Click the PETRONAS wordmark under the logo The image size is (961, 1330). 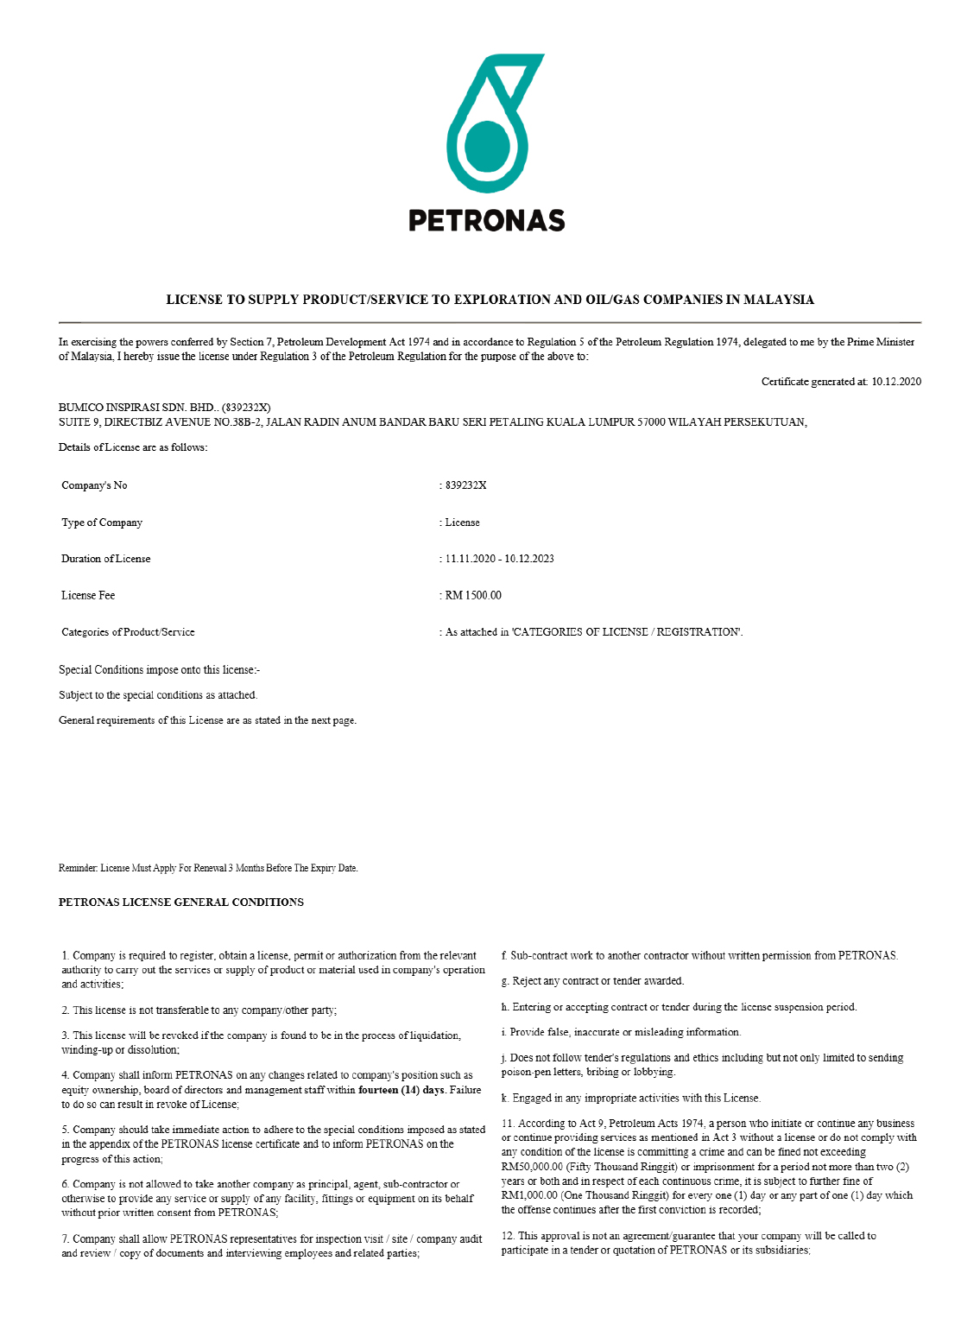(486, 221)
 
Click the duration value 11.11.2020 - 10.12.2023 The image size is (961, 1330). (499, 559)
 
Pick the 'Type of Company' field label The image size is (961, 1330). (102, 522)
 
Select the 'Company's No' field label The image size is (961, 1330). (94, 485)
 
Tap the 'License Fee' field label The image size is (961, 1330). (88, 596)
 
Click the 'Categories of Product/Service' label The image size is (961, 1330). (128, 632)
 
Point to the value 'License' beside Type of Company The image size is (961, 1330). (462, 522)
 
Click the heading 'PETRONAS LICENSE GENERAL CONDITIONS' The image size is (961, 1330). (181, 902)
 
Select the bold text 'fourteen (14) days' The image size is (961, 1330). (401, 1090)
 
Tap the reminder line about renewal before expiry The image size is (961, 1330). (208, 868)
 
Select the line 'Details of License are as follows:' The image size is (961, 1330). (133, 447)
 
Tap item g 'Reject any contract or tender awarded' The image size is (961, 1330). (592, 981)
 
